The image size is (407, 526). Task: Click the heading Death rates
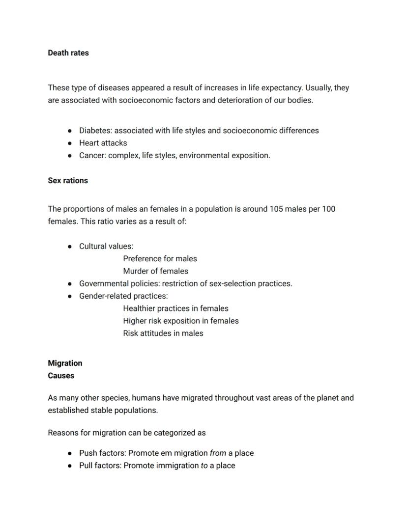[68, 53]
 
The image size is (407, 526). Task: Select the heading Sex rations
[68, 181]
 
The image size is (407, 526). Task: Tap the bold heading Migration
[65, 363]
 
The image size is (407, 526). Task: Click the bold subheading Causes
[61, 376]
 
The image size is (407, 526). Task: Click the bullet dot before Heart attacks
[70, 143]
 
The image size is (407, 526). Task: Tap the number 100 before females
[329, 209]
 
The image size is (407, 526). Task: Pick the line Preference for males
[160, 259]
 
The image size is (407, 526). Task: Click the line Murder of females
[155, 271]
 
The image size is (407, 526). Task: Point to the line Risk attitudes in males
[163, 333]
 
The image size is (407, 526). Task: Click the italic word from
[218, 453]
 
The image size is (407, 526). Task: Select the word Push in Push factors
[88, 453]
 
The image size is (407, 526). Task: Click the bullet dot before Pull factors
[70, 466]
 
